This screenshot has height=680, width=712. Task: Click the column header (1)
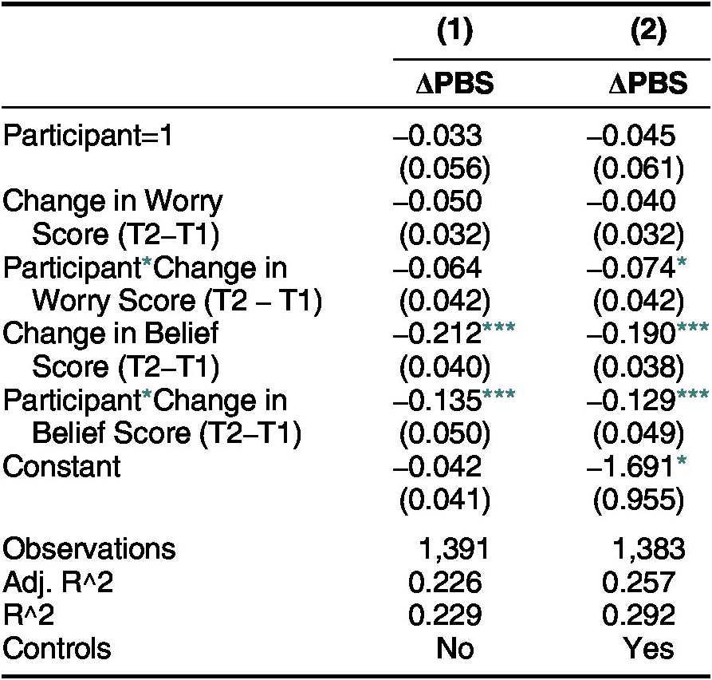click(454, 32)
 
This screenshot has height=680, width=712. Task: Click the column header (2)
click(648, 32)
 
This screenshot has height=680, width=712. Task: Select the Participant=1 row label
click(88, 136)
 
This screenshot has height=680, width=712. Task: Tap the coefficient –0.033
click(437, 136)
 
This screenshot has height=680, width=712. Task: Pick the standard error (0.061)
click(639, 169)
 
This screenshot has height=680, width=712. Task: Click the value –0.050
click(437, 201)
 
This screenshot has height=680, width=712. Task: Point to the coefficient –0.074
click(631, 267)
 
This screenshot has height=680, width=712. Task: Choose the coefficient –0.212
click(437, 333)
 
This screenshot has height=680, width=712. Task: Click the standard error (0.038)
click(639, 367)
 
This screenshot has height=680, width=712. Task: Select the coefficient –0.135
click(437, 400)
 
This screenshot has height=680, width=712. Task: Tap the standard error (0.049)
click(639, 433)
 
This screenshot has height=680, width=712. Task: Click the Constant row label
click(61, 466)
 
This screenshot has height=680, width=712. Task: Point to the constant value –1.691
click(631, 466)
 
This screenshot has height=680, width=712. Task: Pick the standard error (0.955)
click(639, 500)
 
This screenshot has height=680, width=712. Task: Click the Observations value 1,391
click(453, 548)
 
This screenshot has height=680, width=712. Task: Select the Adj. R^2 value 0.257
click(639, 583)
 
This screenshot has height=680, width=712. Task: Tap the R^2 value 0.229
click(445, 615)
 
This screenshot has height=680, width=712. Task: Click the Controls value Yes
click(648, 649)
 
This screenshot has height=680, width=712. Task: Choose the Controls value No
click(455, 649)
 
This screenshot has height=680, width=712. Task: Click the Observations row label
click(89, 548)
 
